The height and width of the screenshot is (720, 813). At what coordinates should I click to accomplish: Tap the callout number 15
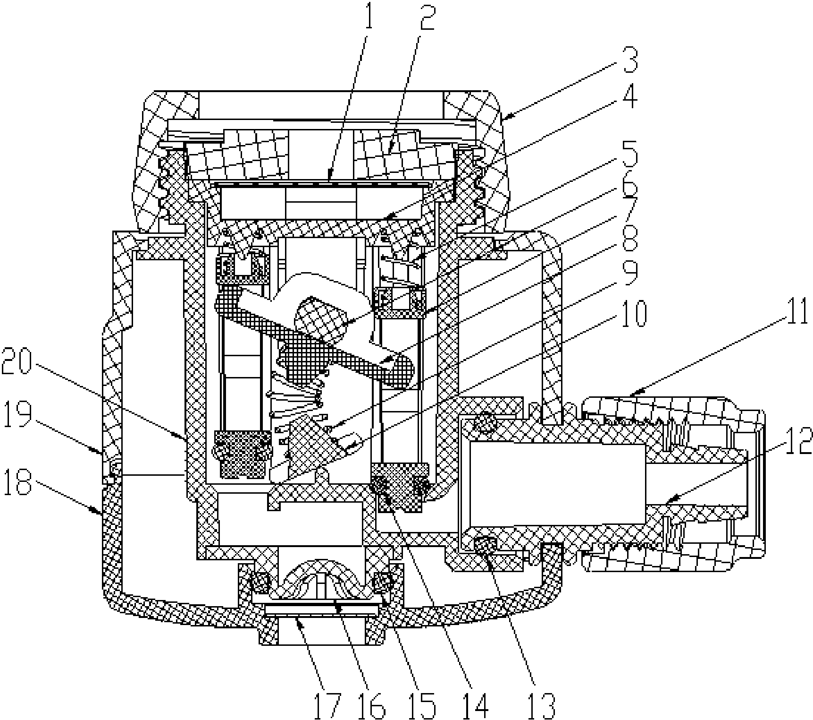coord(423,705)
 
